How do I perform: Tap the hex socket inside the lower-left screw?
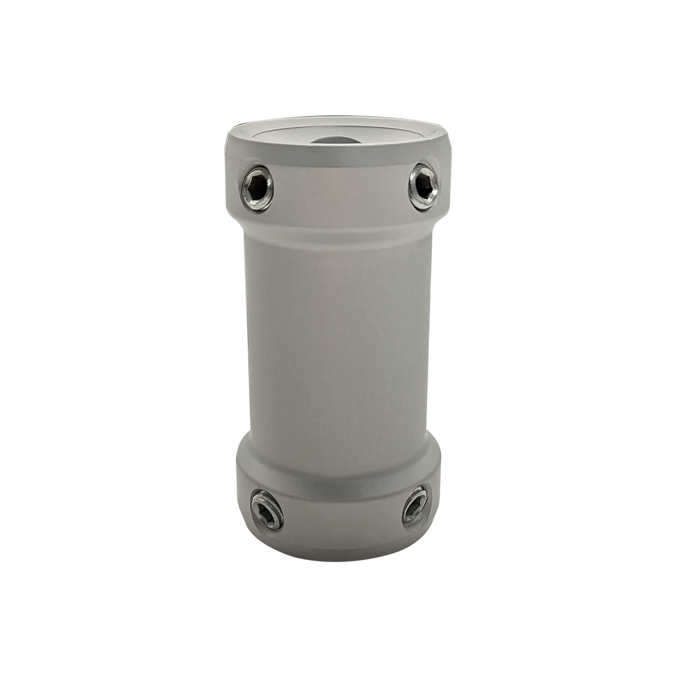click(x=267, y=509)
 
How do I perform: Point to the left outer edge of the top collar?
click(x=230, y=177)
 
